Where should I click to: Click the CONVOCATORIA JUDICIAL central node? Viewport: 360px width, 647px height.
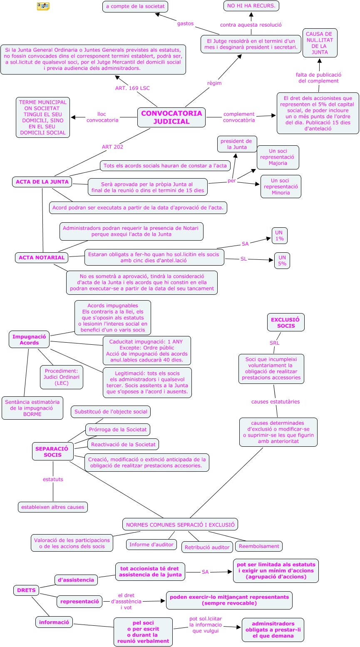pyautogui.click(x=171, y=117)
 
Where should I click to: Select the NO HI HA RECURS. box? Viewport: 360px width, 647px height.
pyautogui.click(x=251, y=6)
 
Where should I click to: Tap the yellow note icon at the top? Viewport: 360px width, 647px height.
pyautogui.click(x=43, y=6)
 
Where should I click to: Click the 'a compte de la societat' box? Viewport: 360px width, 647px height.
pyautogui.click(x=135, y=7)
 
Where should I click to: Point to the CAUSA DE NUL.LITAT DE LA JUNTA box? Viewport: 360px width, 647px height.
pyautogui.click(x=320, y=43)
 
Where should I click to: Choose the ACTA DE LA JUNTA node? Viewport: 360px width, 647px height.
pyautogui.click(x=42, y=182)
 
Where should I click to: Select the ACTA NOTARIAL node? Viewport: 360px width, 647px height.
pyautogui.click(x=42, y=258)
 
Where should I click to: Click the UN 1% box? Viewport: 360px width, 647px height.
pyautogui.click(x=279, y=236)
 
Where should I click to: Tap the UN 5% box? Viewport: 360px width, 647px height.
pyautogui.click(x=282, y=261)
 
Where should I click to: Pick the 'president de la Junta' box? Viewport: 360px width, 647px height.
pyautogui.click(x=236, y=144)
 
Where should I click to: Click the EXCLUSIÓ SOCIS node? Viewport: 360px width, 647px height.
pyautogui.click(x=286, y=323)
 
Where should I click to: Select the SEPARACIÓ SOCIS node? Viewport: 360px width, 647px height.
pyautogui.click(x=52, y=452)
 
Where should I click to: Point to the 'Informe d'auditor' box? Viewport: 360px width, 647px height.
pyautogui.click(x=151, y=545)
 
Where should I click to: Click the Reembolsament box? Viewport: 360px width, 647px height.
pyautogui.click(x=259, y=546)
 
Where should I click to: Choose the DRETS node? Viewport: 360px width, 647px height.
pyautogui.click(x=26, y=590)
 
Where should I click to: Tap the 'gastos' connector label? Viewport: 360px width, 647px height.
pyautogui.click(x=185, y=24)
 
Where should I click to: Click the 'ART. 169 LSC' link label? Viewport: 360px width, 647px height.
pyautogui.click(x=132, y=88)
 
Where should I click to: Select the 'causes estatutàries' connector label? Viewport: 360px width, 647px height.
pyautogui.click(x=276, y=402)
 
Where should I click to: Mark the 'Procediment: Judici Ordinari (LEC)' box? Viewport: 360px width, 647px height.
pyautogui.click(x=62, y=377)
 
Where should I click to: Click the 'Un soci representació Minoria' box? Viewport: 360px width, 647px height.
pyautogui.click(x=281, y=187)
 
